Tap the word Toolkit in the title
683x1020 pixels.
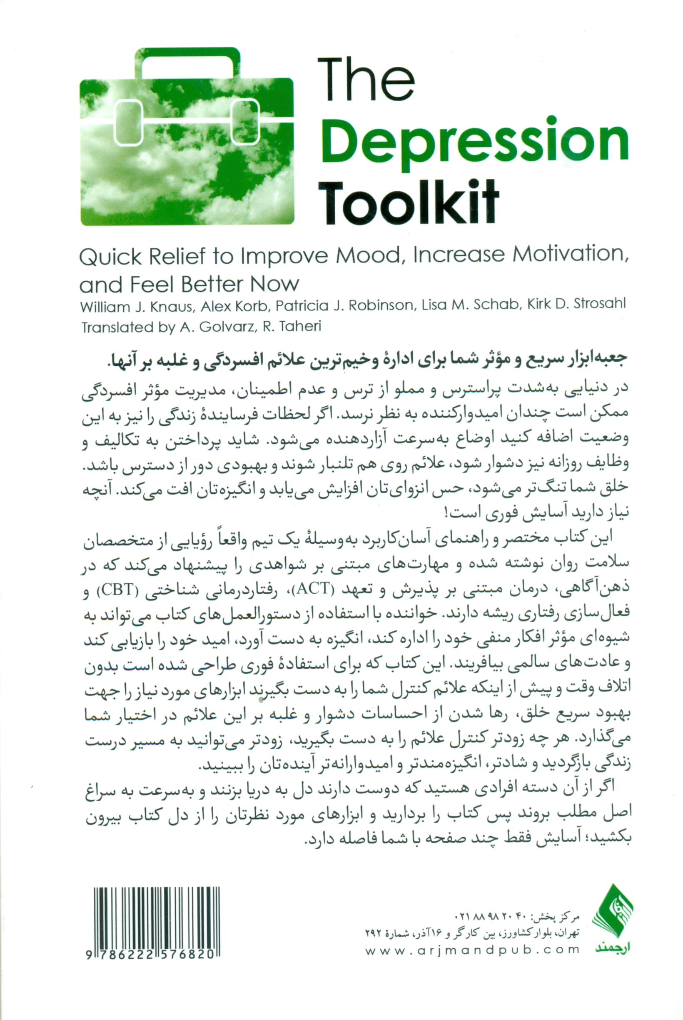(408, 201)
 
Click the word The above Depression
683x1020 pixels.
(366, 80)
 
